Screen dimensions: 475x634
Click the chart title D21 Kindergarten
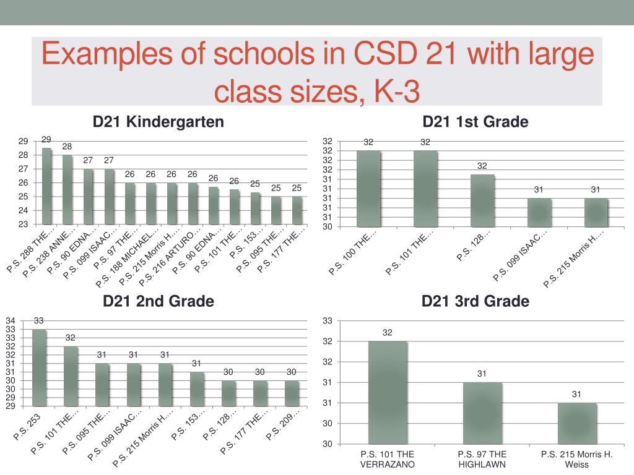158,122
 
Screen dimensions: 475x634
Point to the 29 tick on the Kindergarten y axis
22,141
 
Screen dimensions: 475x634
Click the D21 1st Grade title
475,122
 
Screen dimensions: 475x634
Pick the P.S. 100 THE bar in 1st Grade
368,189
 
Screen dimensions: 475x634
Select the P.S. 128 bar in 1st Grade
482,200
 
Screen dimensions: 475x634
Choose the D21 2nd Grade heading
158,301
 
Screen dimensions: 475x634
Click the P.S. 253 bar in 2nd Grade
39,367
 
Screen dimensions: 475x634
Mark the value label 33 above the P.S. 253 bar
39,320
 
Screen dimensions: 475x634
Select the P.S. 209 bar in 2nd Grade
292,393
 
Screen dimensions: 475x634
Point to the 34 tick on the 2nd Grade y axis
11,321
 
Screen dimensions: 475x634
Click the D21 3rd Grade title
475,301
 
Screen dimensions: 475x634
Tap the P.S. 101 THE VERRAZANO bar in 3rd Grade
388,392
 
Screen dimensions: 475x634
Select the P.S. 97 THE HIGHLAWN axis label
482,460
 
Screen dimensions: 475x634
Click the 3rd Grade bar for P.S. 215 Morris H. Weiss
576,423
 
